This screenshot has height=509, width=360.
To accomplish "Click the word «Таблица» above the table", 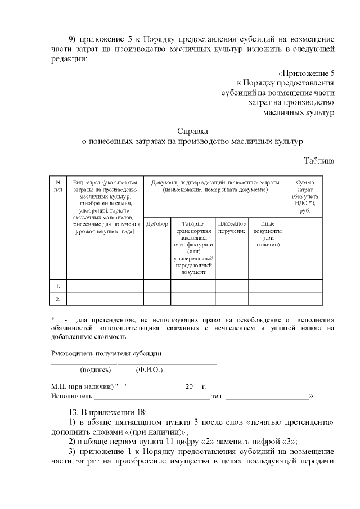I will point(319,160).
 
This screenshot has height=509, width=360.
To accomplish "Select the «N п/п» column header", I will point(57,186).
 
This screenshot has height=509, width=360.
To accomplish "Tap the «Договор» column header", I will point(157,224).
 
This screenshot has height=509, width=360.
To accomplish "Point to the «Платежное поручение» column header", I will point(232,228).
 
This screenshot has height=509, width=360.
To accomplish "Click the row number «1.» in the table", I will point(57,286).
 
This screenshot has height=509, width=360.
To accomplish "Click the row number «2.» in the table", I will point(57,299).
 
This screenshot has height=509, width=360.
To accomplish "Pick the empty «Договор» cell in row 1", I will point(157,286).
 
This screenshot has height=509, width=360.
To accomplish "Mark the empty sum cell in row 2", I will point(305,299).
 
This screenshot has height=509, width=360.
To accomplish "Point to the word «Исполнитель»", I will point(69,396).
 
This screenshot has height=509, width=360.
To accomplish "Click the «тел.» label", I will point(217,396).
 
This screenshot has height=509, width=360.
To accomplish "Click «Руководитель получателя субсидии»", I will point(106,353).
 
